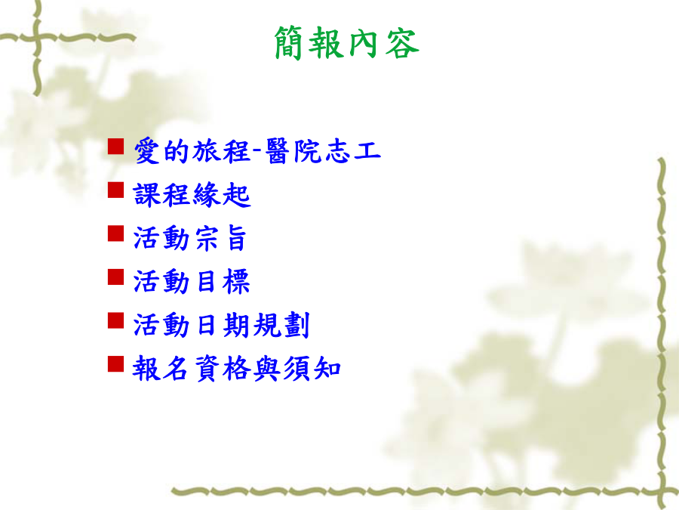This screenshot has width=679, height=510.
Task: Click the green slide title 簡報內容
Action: pyautogui.click(x=346, y=42)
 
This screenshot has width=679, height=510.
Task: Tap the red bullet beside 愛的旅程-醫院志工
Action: pyautogui.click(x=115, y=146)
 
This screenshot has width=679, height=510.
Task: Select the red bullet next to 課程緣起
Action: pyautogui.click(x=115, y=190)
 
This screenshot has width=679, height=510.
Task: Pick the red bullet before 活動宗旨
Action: pyautogui.click(x=115, y=233)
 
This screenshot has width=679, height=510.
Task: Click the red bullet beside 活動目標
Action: pyautogui.click(x=115, y=277)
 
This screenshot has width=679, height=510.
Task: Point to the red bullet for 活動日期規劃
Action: pyautogui.click(x=115, y=320)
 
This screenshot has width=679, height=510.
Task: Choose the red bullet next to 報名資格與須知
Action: pyautogui.click(x=115, y=364)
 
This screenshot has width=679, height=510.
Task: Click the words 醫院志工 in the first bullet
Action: pyautogui.click(x=323, y=151)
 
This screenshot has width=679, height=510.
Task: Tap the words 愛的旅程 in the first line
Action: pyautogui.click(x=192, y=151)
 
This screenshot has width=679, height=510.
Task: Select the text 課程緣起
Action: pyautogui.click(x=192, y=195)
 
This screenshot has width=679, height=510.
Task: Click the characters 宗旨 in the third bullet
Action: pyautogui.click(x=221, y=238)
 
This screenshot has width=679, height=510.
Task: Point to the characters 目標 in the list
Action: pyautogui.click(x=223, y=282)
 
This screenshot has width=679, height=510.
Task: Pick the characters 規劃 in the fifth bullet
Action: pyautogui.click(x=281, y=325)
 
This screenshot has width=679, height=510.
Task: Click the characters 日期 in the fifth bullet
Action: pyautogui.click(x=223, y=325)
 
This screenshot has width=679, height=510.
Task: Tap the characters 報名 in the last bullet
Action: pyautogui.click(x=160, y=369)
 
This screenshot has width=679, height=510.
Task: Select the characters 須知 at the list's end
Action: pyautogui.click(x=312, y=369)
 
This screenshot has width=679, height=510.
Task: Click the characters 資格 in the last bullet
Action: pyautogui.click(x=223, y=369)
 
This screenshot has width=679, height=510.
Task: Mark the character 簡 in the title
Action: pyautogui.click(x=288, y=42)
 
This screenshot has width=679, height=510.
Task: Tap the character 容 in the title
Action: pyautogui.click(x=402, y=42)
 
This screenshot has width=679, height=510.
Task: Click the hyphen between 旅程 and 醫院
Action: pyautogui.click(x=257, y=150)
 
